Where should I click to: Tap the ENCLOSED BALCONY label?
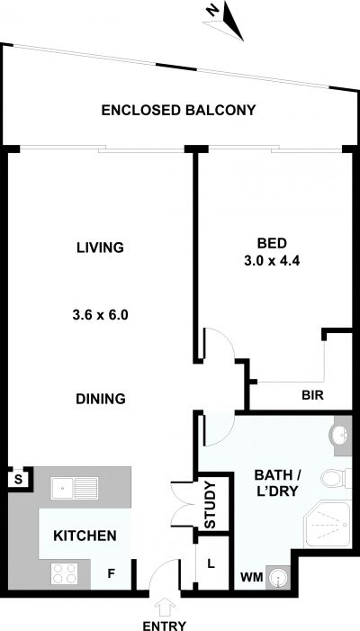178,110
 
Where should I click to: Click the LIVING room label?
100,247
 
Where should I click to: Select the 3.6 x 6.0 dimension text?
100,315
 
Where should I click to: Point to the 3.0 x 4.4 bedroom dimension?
273,261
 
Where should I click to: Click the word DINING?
101,399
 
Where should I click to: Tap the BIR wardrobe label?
312,395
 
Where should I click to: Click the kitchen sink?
75,488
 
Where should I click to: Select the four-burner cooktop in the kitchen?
65,574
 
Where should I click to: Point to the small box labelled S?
18,479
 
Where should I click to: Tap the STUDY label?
211,505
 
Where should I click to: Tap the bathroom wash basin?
340,435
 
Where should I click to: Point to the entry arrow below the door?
165,608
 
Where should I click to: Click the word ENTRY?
165,626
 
